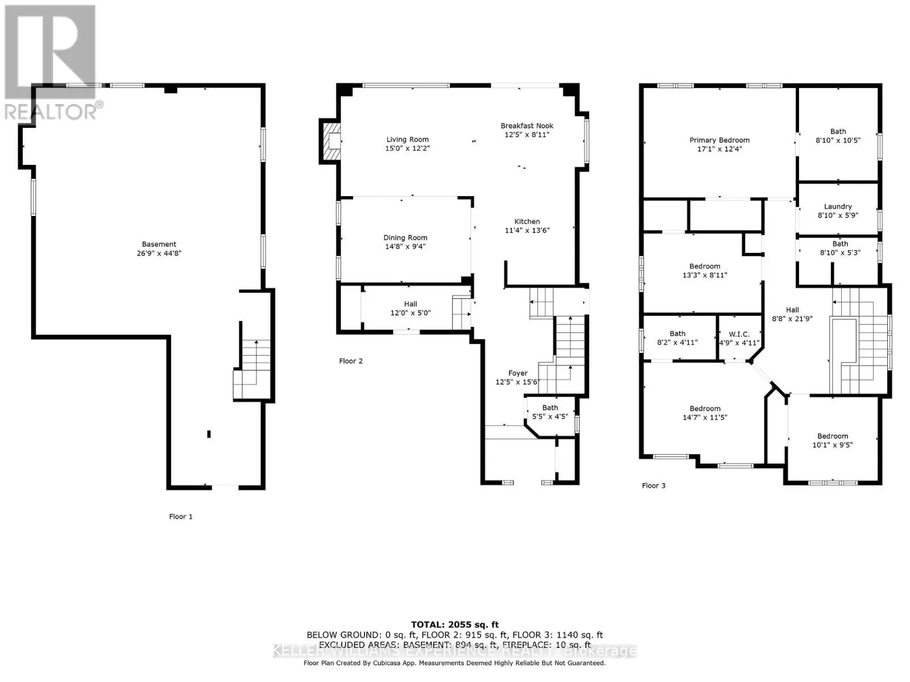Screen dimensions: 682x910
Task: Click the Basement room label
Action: (x=159, y=244)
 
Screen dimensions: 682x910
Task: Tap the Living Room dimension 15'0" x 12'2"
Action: (x=407, y=148)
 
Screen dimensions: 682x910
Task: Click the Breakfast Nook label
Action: (x=527, y=126)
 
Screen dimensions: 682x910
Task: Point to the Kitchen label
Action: (x=527, y=222)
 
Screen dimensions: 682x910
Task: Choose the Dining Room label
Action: (x=405, y=238)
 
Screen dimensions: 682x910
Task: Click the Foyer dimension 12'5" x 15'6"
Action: (x=517, y=382)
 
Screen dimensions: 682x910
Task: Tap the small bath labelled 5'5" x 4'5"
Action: (x=549, y=412)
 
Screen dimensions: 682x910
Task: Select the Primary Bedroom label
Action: (x=719, y=140)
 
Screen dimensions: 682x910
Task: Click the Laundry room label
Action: (x=838, y=206)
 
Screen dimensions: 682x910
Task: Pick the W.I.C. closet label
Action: (x=739, y=334)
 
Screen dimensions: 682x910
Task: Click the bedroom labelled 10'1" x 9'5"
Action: (x=833, y=440)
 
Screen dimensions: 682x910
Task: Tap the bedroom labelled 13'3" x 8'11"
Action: (x=705, y=271)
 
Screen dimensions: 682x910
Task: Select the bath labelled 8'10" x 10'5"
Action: (x=838, y=135)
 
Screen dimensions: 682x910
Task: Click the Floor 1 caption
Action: (x=181, y=517)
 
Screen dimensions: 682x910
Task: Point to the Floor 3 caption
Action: (x=653, y=485)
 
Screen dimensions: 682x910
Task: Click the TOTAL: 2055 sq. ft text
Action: (x=454, y=625)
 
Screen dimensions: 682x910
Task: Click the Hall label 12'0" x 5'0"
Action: (x=410, y=309)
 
